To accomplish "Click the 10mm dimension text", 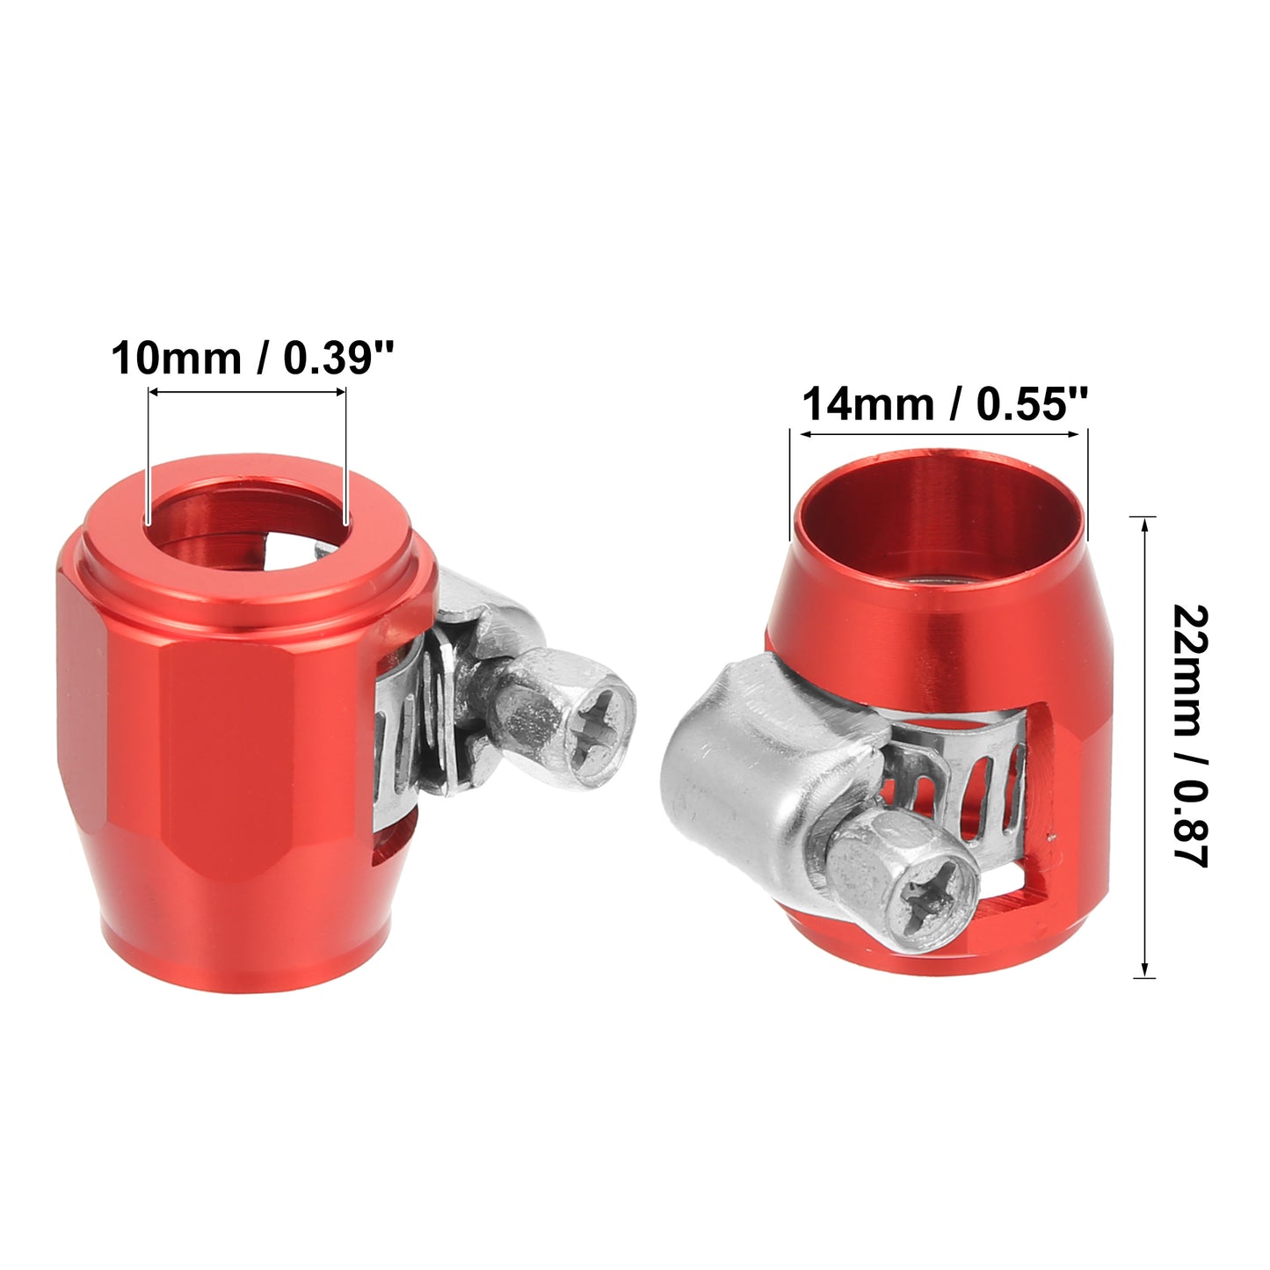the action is coord(175,359).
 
